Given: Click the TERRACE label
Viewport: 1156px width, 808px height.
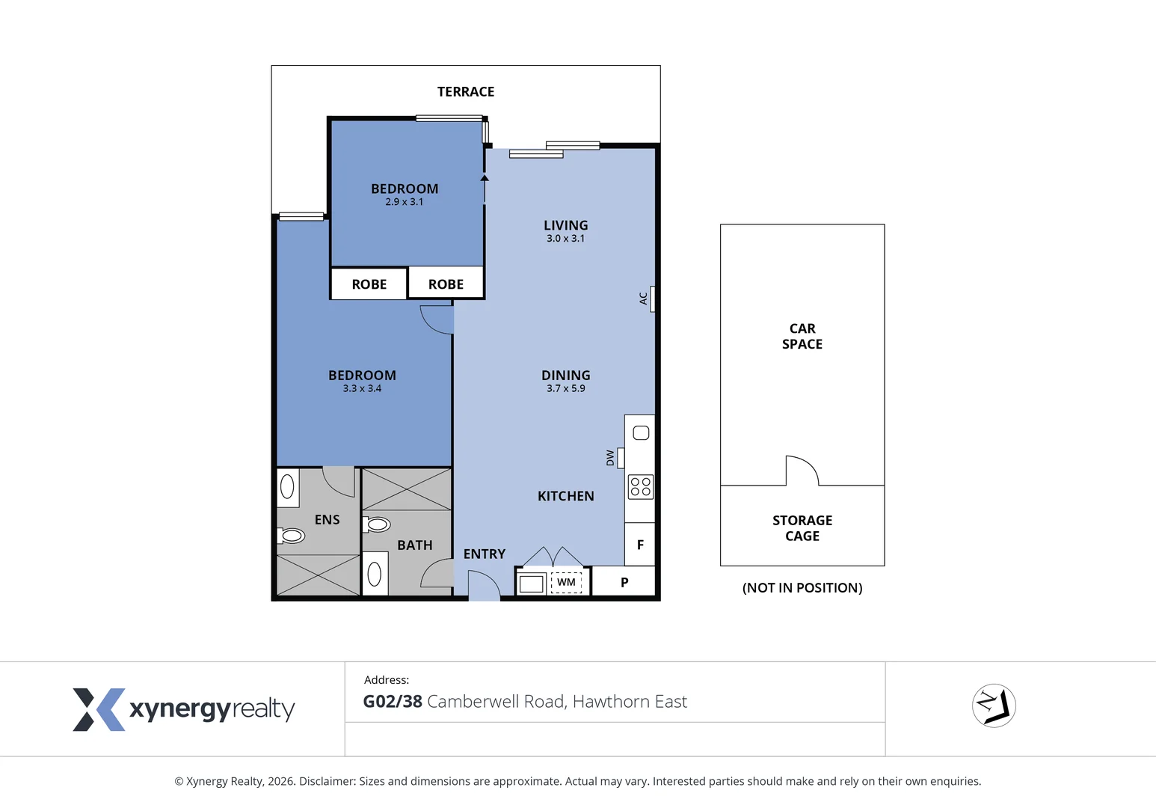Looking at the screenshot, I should pyautogui.click(x=465, y=92).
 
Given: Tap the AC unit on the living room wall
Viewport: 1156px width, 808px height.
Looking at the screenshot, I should pyautogui.click(x=652, y=299).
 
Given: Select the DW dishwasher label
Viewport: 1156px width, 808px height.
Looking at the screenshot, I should pyautogui.click(x=610, y=458).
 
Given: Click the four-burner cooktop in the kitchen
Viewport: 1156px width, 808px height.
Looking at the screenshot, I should pyautogui.click(x=641, y=487).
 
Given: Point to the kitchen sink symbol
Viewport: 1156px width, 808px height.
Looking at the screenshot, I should pyautogui.click(x=641, y=433).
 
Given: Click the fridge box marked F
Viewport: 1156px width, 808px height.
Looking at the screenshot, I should pyautogui.click(x=640, y=545).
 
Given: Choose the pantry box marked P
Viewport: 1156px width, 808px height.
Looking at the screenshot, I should pyautogui.click(x=624, y=582).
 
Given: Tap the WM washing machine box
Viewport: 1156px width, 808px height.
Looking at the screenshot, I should pyautogui.click(x=566, y=582).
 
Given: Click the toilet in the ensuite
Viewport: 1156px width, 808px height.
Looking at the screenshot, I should pyautogui.click(x=291, y=536).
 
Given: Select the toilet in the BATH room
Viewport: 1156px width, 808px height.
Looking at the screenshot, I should pyautogui.click(x=378, y=525).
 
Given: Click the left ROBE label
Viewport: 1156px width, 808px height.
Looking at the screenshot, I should pyautogui.click(x=369, y=284).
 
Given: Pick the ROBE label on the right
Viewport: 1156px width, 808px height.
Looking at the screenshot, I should pyautogui.click(x=446, y=284).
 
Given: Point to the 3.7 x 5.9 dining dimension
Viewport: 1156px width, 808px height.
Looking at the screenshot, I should pyautogui.click(x=565, y=388).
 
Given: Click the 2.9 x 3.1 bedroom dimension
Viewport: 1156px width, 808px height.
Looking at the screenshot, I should pyautogui.click(x=405, y=202).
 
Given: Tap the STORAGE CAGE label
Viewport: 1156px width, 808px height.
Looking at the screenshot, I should pyautogui.click(x=802, y=528).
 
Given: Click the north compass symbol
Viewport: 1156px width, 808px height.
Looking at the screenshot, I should pyautogui.click(x=994, y=706).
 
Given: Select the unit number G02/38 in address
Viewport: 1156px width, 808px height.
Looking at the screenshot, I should pyautogui.click(x=393, y=702).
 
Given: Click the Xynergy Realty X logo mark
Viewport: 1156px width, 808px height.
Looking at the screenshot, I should pyautogui.click(x=98, y=709).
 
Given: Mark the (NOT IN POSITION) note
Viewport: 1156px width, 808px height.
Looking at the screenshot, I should pyautogui.click(x=802, y=588).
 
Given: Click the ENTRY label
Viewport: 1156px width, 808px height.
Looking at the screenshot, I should pyautogui.click(x=484, y=554).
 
